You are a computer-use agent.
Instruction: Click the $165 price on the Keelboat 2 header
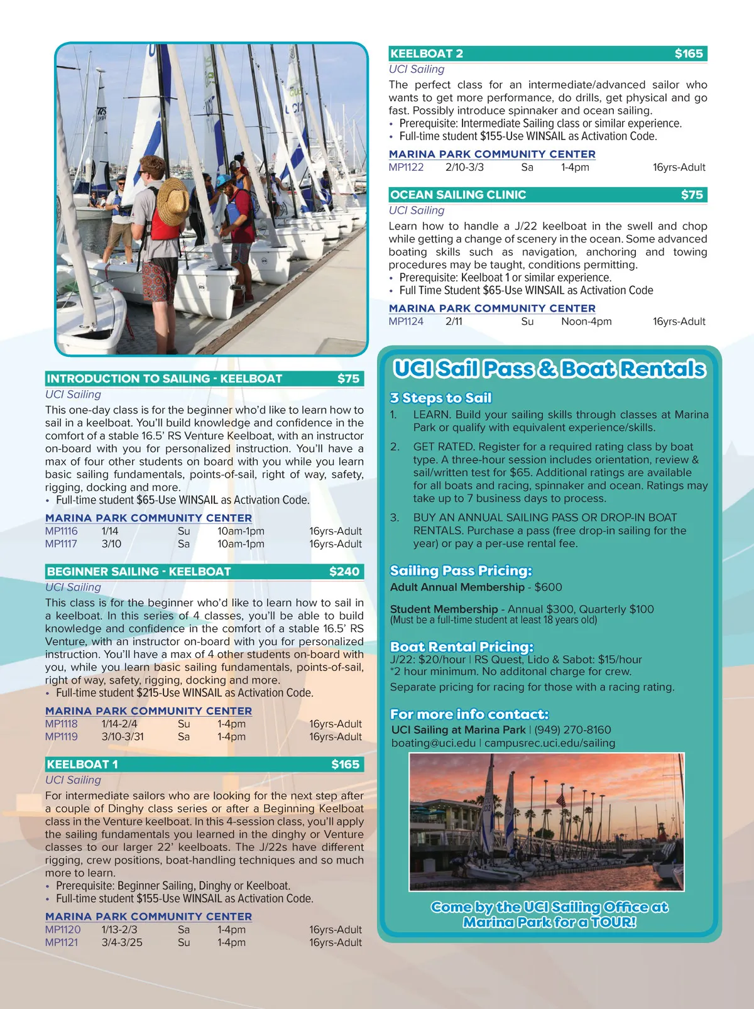pos(689,54)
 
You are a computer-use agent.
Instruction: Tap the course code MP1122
pos(406,168)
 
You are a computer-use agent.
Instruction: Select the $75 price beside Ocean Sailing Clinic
pos(692,195)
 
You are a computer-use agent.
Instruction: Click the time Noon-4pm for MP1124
pos(586,322)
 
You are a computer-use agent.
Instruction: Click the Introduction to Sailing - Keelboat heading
pos(165,379)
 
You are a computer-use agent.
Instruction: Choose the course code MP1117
pos(61,544)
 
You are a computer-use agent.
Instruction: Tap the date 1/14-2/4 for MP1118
pos(119,724)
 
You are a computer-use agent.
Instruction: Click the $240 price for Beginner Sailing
pos(344,572)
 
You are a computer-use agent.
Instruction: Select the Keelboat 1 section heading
pos(82,765)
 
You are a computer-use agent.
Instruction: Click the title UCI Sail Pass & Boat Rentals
pos(549,369)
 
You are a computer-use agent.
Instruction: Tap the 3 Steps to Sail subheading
pos(440,398)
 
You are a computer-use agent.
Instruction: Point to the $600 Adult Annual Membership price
pos(549,587)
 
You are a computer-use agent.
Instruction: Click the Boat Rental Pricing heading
pos(461,646)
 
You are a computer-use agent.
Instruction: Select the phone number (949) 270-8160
pos(572,730)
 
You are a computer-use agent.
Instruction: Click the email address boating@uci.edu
pos(433,743)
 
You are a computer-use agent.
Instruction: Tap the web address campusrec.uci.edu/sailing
pos(550,743)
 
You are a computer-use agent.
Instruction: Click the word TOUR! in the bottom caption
pos(613,922)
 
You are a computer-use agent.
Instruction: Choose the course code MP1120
pos(63,930)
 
